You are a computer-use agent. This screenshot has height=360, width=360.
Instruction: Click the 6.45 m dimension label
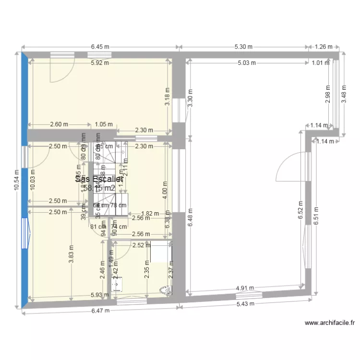(100, 47)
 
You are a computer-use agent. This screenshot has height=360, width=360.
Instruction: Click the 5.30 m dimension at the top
(243, 47)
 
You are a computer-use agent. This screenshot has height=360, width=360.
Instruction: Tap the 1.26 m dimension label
(324, 47)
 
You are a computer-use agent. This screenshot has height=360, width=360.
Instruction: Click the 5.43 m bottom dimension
(245, 304)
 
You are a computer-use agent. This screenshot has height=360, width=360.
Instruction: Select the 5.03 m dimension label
(247, 62)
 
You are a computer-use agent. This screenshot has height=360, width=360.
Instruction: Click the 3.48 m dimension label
(343, 93)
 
